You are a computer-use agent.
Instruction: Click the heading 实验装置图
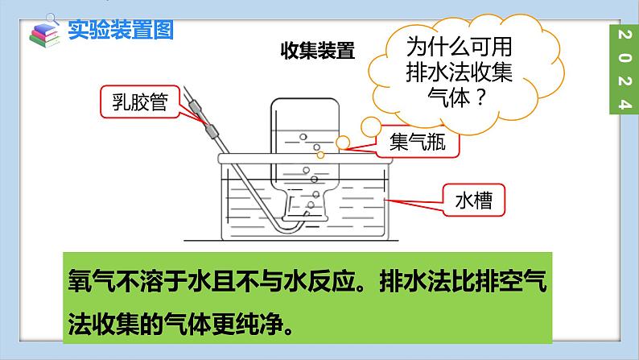(x=120, y=30)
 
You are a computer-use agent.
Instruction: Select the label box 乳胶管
(x=132, y=101)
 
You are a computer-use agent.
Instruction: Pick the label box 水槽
(x=476, y=197)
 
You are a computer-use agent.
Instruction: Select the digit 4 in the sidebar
(x=622, y=105)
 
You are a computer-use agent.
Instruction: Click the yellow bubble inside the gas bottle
(x=319, y=154)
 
